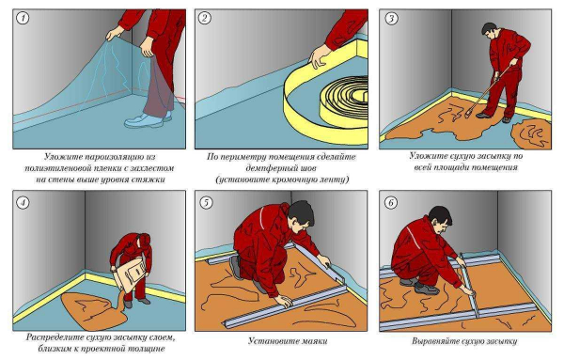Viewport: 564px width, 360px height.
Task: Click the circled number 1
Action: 23,18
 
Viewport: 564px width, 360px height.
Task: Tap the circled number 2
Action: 204,18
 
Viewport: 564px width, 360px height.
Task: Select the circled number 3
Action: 391,19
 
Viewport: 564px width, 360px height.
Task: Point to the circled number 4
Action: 23,203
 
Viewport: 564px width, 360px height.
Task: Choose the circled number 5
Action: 206,203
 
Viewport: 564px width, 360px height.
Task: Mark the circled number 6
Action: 391,203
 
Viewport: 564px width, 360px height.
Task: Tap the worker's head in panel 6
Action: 441,218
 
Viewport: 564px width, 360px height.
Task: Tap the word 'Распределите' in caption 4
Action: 55,337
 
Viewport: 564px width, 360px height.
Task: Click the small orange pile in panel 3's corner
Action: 532,134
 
